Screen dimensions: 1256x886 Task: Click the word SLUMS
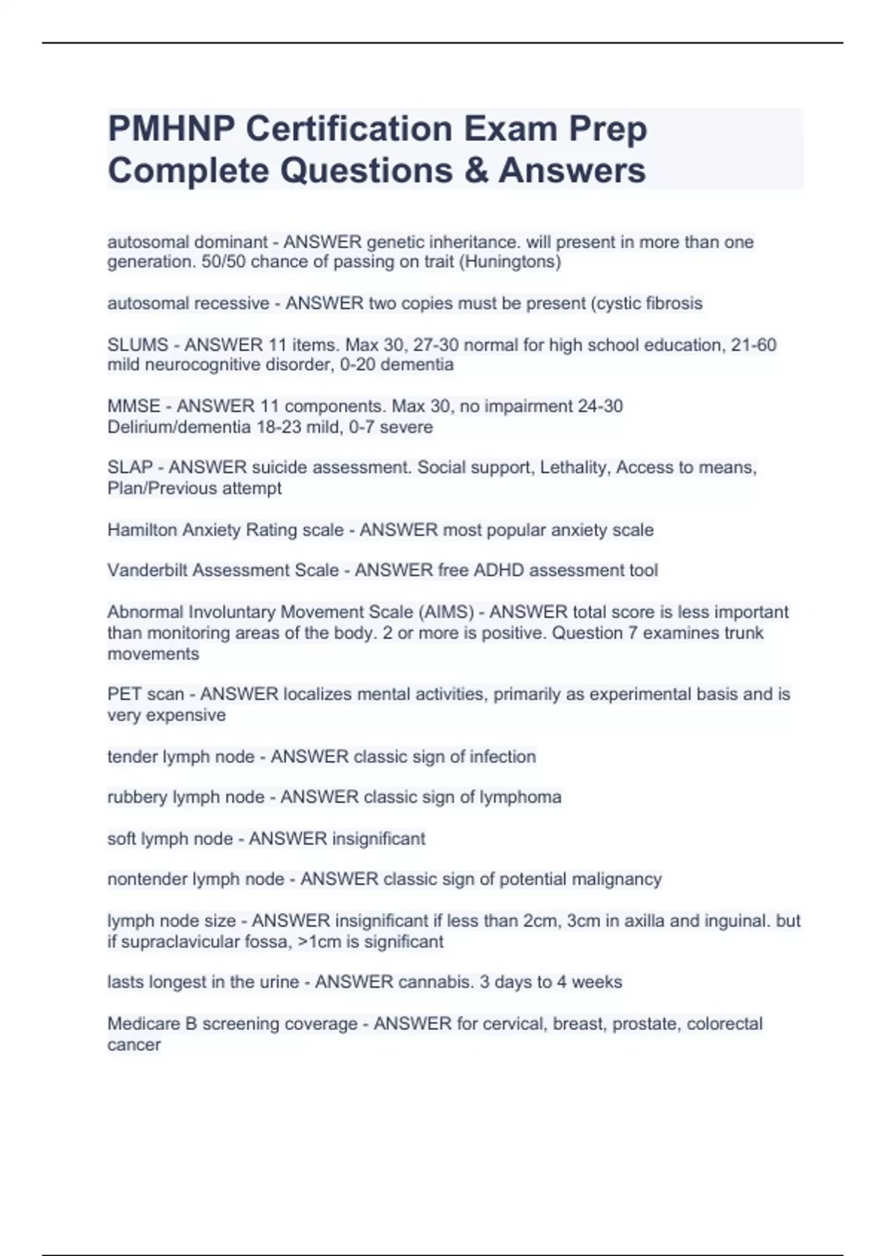138,345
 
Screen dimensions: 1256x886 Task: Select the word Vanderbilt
147,570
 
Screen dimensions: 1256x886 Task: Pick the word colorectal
724,1024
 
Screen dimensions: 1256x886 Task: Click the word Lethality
574,468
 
